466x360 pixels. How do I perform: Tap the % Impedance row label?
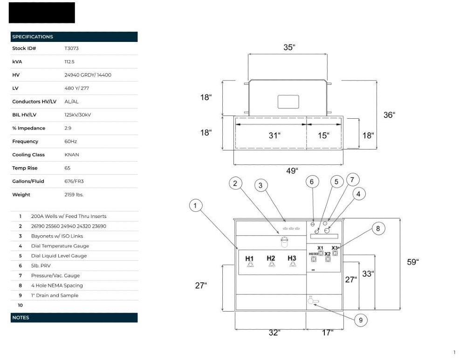click(x=28, y=128)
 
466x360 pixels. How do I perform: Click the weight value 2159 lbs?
click(x=74, y=195)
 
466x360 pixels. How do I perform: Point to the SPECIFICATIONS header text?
click(x=33, y=37)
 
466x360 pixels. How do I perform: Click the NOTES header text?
click(x=21, y=318)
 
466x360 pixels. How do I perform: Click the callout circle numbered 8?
click(x=378, y=228)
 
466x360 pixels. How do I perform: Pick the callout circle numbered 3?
click(x=260, y=185)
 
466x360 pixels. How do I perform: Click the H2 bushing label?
click(x=271, y=258)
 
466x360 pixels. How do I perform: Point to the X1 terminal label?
click(x=320, y=248)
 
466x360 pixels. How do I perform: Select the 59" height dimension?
click(x=412, y=262)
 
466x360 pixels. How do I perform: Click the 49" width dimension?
click(x=291, y=171)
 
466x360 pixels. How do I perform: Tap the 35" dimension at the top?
click(x=289, y=48)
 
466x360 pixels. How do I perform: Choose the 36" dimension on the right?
click(x=389, y=115)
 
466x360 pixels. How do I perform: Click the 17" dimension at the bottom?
click(x=328, y=333)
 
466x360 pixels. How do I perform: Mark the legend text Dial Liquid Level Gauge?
click(x=59, y=256)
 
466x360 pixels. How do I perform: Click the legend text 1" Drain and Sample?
click(x=55, y=295)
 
